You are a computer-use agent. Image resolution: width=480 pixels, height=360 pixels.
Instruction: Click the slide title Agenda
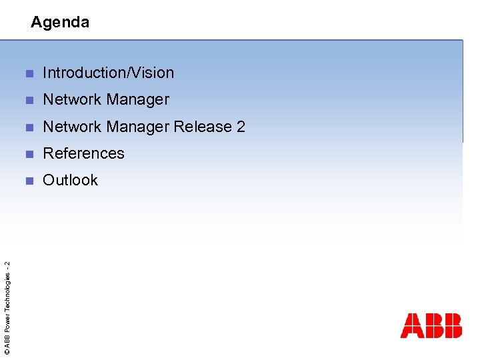(x=60, y=22)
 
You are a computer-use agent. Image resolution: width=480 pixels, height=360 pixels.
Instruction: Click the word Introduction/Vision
(x=108, y=73)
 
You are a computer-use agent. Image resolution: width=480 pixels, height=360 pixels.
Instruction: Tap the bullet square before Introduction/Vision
(x=28, y=73)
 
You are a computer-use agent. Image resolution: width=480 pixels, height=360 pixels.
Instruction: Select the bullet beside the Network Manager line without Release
(x=28, y=100)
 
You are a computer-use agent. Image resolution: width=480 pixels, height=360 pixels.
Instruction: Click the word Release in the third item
(x=203, y=127)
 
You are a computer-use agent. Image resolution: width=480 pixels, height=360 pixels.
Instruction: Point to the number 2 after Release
(x=241, y=127)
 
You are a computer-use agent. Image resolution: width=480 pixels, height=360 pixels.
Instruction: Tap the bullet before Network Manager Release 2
(x=28, y=127)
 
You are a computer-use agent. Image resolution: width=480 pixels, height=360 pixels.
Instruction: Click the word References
(x=83, y=153)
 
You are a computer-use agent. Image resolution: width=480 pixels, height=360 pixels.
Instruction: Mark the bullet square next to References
(x=28, y=154)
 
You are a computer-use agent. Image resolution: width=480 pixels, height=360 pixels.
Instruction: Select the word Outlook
(x=70, y=180)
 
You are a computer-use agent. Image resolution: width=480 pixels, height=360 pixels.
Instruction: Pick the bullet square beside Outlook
(x=28, y=181)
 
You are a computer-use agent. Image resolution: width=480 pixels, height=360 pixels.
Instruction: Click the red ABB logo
(x=431, y=325)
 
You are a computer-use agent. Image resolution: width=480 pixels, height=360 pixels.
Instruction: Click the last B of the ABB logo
(x=452, y=325)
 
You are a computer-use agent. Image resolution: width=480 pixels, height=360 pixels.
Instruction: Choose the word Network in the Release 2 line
(x=69, y=127)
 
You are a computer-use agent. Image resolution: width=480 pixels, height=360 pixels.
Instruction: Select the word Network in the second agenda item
(x=69, y=100)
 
